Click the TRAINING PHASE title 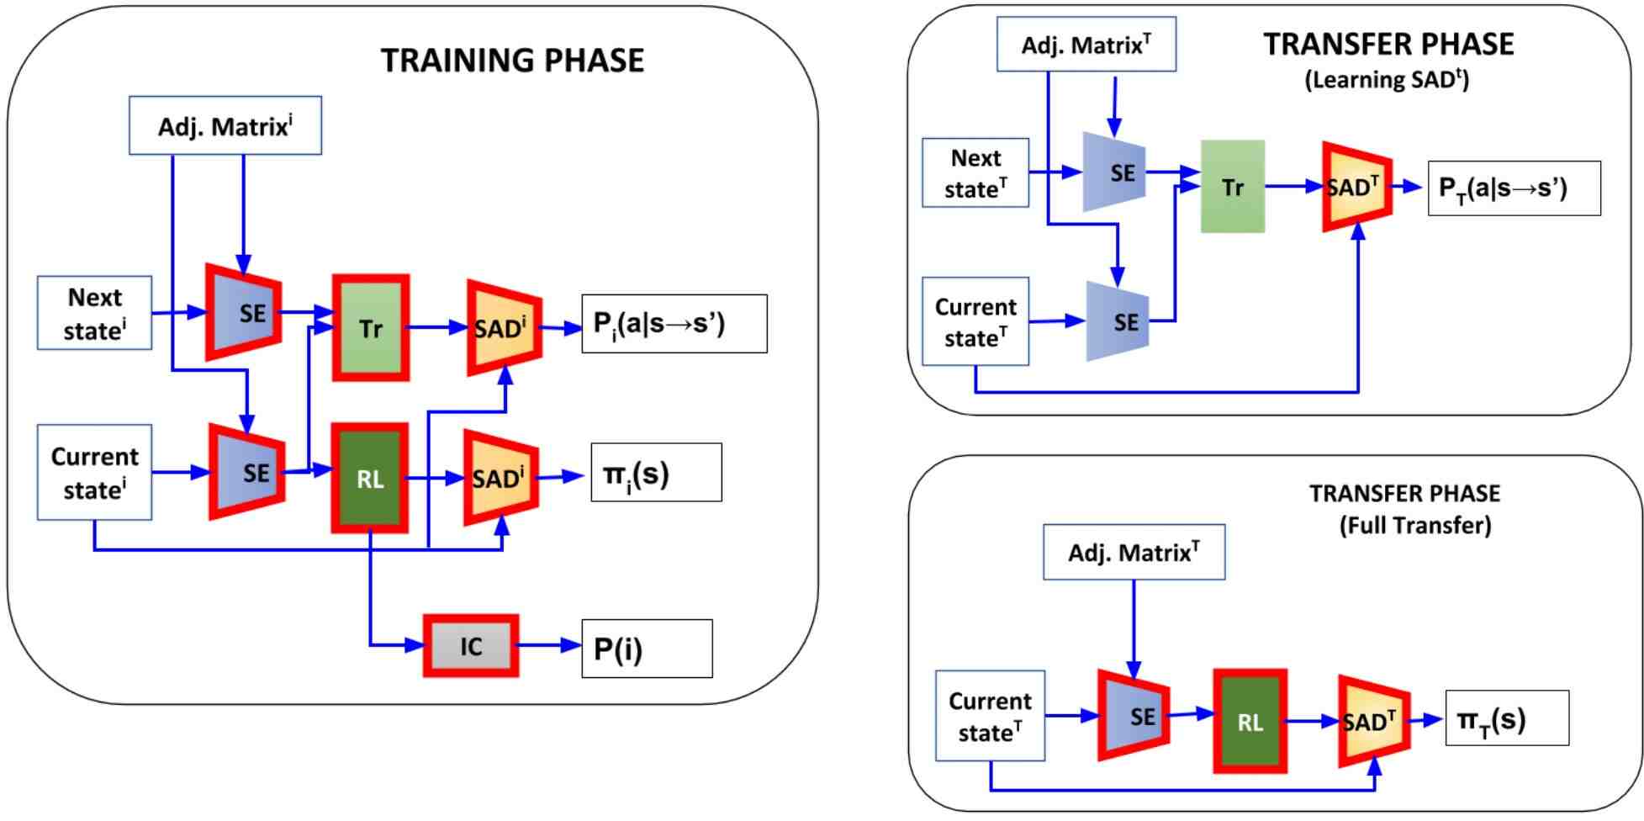click(x=512, y=61)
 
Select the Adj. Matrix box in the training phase click(x=225, y=125)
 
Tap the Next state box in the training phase click(x=95, y=313)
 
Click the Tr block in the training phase click(x=371, y=328)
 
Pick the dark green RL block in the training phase click(x=370, y=478)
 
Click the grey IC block click(x=471, y=646)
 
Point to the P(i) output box click(x=647, y=649)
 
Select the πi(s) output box click(x=656, y=473)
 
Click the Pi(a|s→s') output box click(x=674, y=324)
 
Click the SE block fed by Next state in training click(x=244, y=312)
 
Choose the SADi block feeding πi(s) click(x=502, y=477)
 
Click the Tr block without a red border click(x=1233, y=187)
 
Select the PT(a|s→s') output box click(x=1514, y=188)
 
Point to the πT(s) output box click(x=1507, y=718)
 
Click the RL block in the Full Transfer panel click(x=1250, y=722)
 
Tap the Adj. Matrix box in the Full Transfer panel click(x=1134, y=553)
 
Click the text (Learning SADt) click(x=1387, y=80)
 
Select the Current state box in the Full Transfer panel click(x=991, y=716)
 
